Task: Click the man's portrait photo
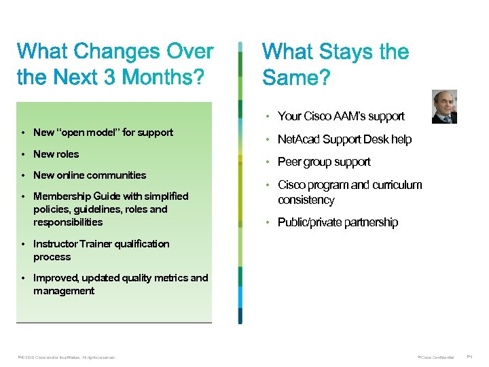(x=445, y=107)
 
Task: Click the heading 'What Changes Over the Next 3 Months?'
(x=115, y=64)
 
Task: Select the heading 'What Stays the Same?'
(x=336, y=64)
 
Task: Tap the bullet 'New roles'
(x=56, y=154)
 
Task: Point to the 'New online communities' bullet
(x=90, y=175)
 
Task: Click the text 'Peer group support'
(x=324, y=162)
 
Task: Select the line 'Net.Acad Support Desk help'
(x=344, y=139)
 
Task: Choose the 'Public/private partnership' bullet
(x=338, y=223)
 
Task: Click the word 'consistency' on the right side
(x=306, y=200)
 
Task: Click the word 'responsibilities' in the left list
(x=68, y=222)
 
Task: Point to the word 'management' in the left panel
(x=64, y=291)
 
